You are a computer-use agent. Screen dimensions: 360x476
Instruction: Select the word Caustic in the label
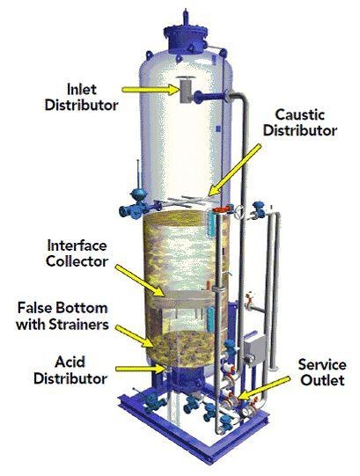[300, 114]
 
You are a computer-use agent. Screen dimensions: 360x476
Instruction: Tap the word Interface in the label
[77, 245]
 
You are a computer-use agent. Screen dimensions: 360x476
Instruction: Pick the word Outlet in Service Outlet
[323, 380]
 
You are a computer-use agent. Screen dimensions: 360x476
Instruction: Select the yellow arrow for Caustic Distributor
[234, 170]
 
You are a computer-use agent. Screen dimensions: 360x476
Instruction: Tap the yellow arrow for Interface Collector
[140, 280]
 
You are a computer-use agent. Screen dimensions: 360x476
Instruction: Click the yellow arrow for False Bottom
[135, 336]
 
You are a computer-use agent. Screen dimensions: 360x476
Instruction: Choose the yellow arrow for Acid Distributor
[140, 369]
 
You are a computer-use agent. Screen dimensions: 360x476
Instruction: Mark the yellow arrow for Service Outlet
[263, 389]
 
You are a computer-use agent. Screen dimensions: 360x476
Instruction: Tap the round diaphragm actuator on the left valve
[137, 194]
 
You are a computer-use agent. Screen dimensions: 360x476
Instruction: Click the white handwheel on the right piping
[239, 211]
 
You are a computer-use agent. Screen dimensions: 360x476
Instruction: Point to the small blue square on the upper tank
[218, 128]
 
